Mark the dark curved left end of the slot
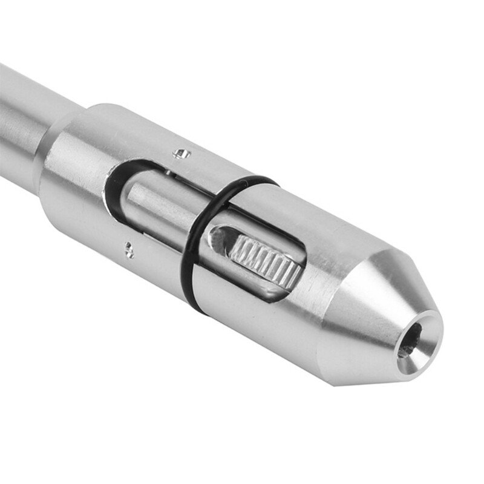112,181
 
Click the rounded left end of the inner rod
130,200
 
